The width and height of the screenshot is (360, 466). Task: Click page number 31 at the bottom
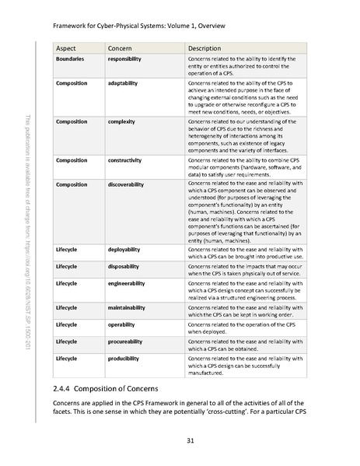(x=179, y=443)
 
